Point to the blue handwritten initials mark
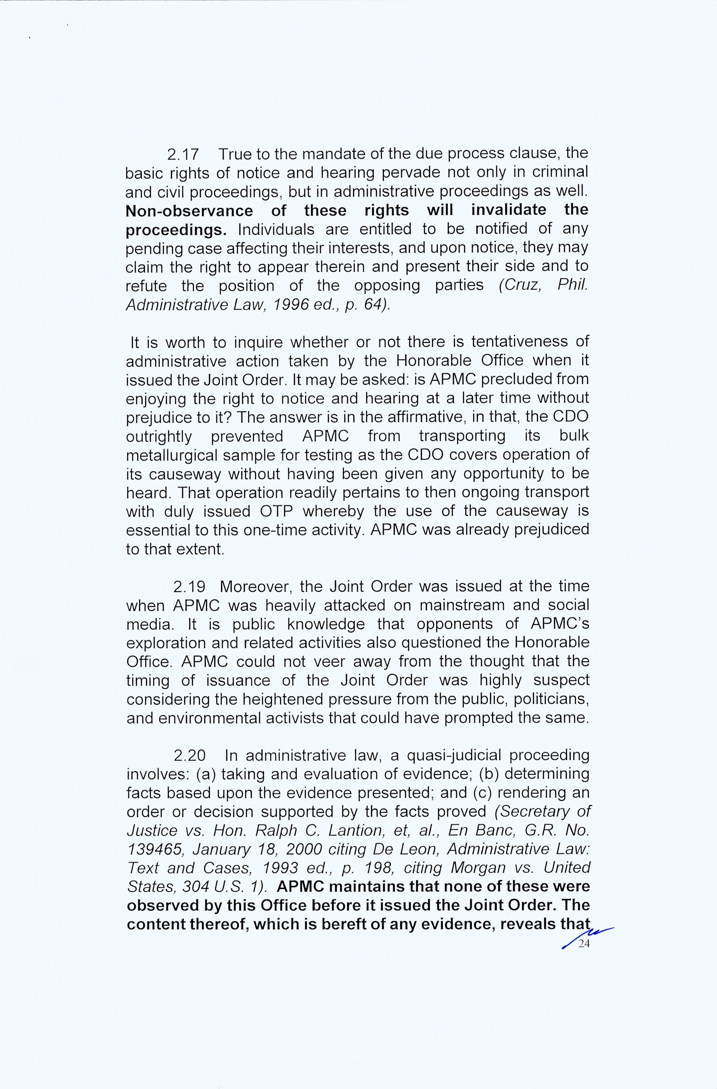[588, 936]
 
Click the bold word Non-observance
[189, 211]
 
